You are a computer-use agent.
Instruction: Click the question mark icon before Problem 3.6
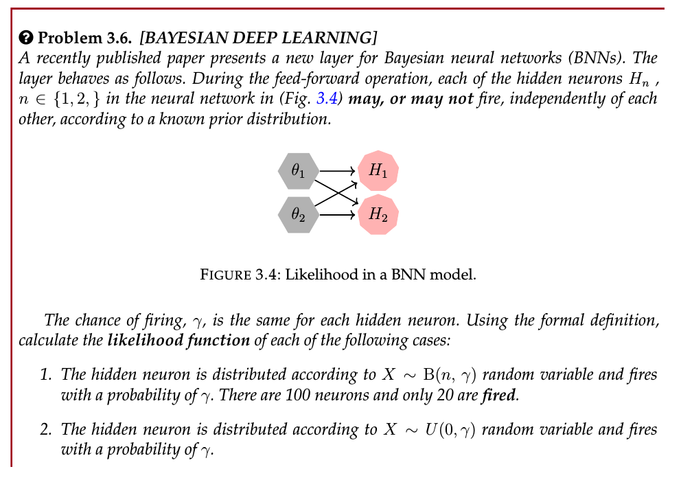25,38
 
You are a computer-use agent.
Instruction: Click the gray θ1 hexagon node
299,171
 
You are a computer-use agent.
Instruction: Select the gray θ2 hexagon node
299,214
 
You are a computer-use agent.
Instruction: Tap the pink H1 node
378,171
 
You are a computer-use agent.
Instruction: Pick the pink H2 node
378,214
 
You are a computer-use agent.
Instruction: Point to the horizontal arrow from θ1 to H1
338,171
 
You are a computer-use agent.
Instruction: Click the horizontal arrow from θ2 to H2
338,214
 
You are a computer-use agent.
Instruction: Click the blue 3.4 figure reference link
327,99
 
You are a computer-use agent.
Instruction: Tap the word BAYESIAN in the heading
184,38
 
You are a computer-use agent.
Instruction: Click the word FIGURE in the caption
225,275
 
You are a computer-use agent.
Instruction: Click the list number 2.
45,430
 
